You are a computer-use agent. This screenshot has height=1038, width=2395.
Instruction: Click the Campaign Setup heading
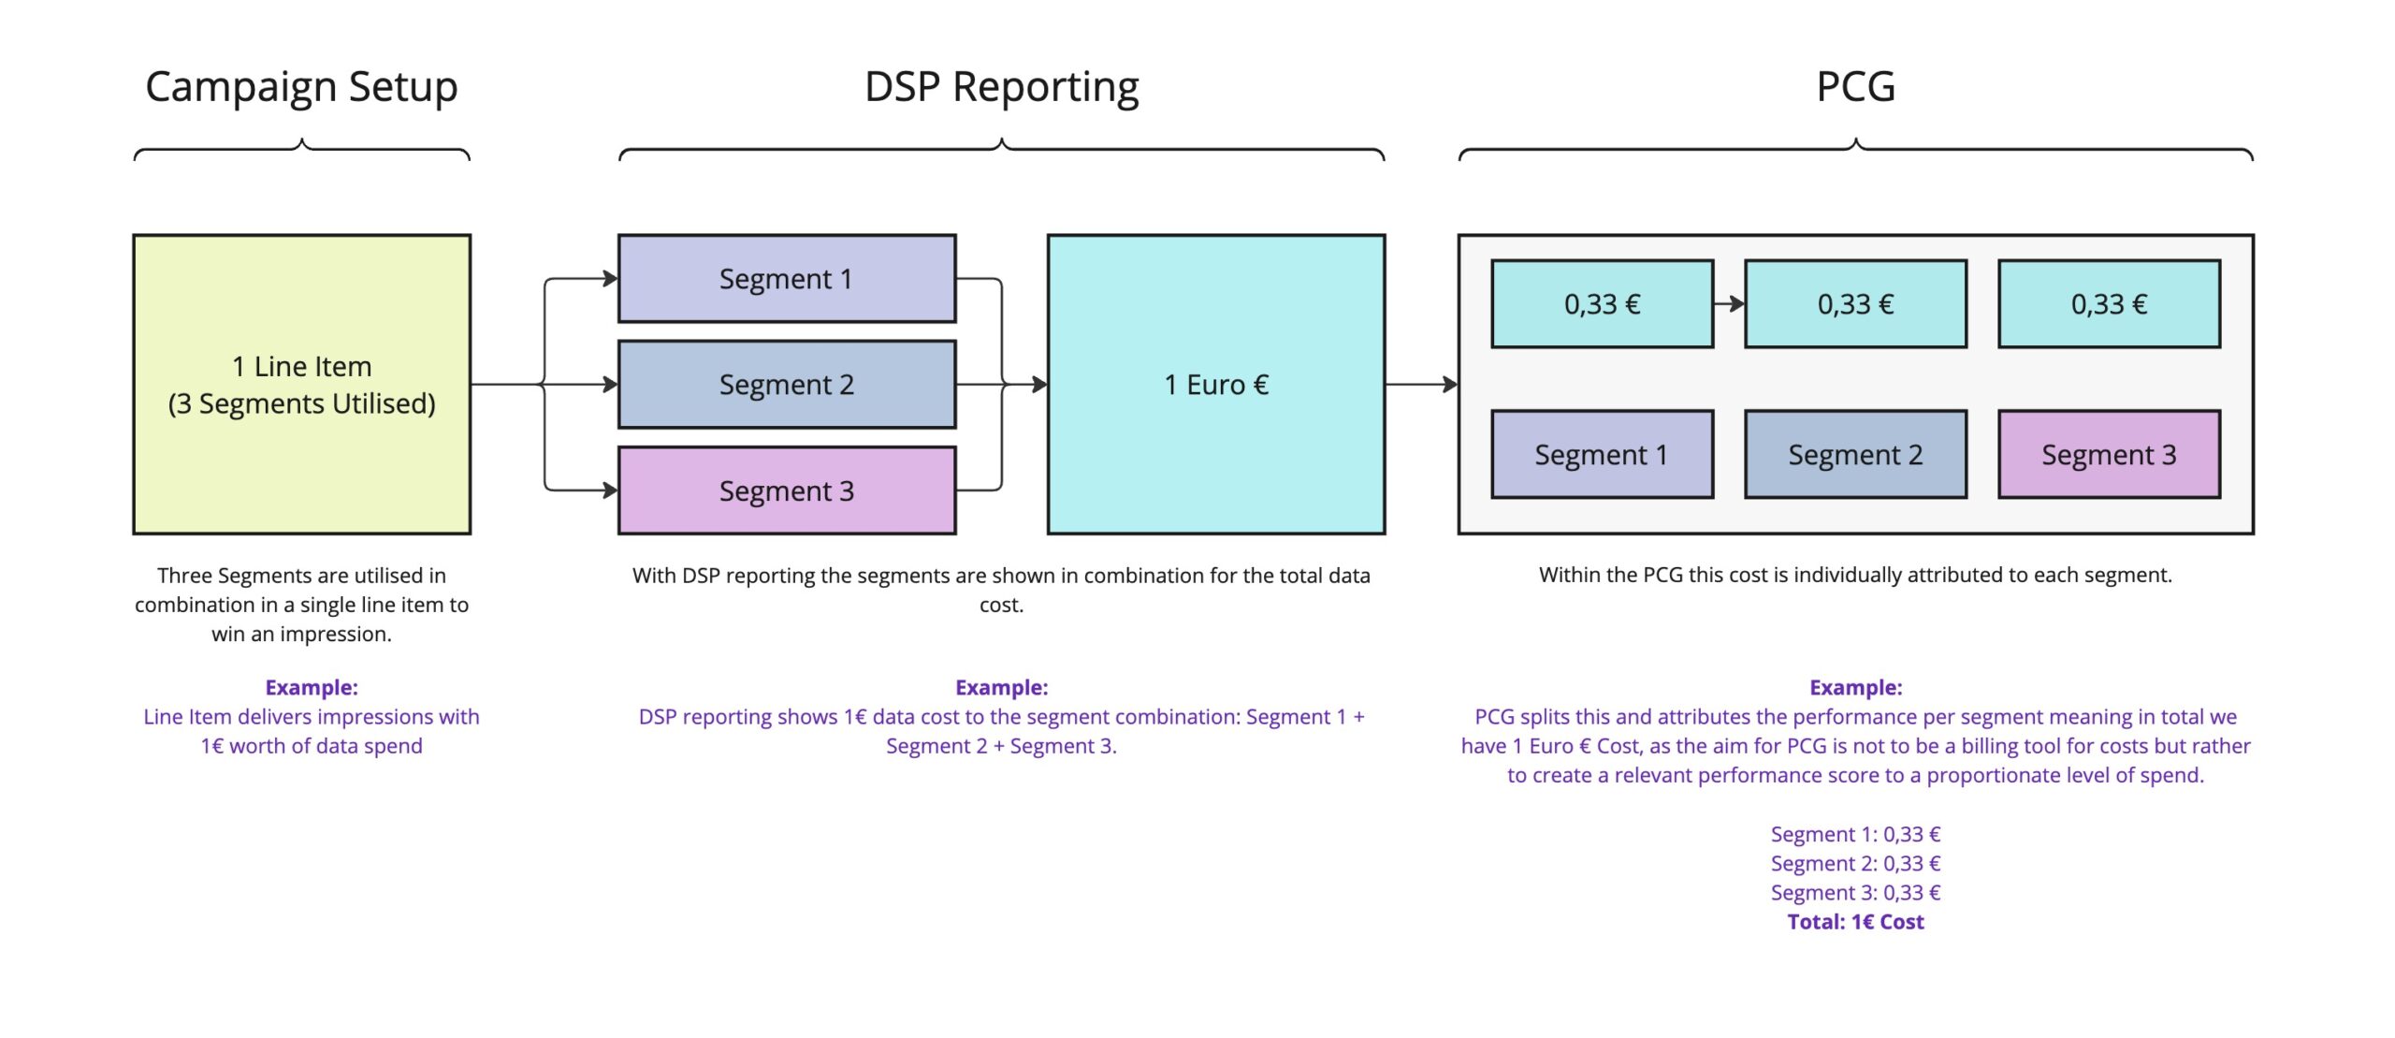[x=301, y=87]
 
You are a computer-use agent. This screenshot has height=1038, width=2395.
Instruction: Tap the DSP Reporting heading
[x=1001, y=87]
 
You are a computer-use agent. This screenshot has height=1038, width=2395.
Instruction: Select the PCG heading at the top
[x=1855, y=87]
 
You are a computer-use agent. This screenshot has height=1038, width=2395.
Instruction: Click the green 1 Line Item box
[x=301, y=385]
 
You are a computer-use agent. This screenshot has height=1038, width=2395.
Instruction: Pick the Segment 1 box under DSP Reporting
[x=786, y=279]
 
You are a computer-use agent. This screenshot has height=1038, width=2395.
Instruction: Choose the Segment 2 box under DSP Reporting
[x=786, y=385]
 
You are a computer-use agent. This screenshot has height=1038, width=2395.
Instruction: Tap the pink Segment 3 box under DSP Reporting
[x=786, y=490]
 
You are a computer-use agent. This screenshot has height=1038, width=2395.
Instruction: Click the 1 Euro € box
[x=1215, y=385]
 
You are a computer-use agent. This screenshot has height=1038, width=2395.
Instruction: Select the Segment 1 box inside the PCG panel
[x=1602, y=455]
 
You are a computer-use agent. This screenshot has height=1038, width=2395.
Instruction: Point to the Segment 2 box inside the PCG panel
[x=1855, y=455]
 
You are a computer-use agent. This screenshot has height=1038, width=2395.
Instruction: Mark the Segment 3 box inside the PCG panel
[x=2109, y=455]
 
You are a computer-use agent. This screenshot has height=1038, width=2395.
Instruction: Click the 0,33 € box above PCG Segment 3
[x=2109, y=304]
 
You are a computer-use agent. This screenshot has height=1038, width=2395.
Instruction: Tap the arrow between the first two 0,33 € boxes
[x=1730, y=304]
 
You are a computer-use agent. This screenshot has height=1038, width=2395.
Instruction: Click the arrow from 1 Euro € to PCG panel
[x=1421, y=385]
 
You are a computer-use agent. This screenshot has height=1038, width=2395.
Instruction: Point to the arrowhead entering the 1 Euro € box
[x=1038, y=385]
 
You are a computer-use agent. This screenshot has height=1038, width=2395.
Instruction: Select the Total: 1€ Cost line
[x=1855, y=922]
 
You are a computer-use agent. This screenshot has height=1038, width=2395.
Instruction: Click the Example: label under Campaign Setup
[x=312, y=688]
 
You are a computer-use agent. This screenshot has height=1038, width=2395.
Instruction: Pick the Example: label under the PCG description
[x=1855, y=688]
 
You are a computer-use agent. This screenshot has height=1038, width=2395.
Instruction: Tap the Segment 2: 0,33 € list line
[x=1855, y=864]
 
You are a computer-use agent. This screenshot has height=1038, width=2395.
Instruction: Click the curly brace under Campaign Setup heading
[x=301, y=150]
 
